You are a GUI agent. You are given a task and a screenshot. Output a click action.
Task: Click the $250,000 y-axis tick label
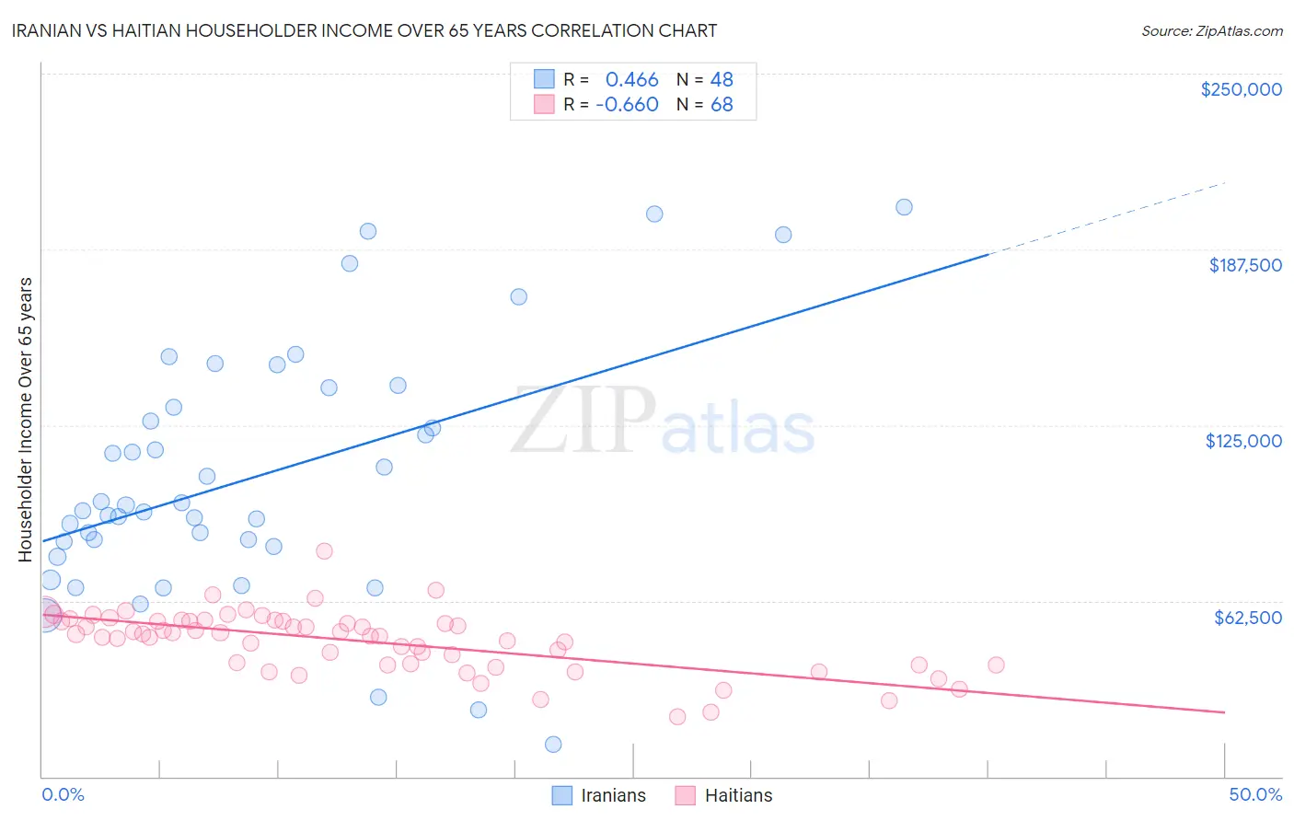point(1241,89)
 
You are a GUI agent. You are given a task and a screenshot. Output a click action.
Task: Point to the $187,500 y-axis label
point(1244,265)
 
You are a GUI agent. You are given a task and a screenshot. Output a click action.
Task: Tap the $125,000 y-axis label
point(1243,441)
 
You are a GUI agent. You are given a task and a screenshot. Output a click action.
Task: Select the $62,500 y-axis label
point(1247,618)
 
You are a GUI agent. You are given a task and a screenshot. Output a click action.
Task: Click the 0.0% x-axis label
point(63,794)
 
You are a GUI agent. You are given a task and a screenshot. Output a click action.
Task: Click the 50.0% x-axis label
point(1255,794)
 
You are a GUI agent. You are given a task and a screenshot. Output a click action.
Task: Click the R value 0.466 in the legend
point(631,80)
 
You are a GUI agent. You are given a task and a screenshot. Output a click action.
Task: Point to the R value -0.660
point(627,105)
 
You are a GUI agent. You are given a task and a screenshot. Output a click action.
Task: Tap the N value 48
point(722,80)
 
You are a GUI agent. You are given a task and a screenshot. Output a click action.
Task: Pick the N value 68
point(722,105)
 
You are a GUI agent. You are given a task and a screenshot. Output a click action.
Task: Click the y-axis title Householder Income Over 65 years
point(26,419)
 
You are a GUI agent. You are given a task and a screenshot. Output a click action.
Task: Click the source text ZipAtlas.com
point(1211,30)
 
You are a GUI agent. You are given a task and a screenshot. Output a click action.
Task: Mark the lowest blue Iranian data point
point(553,745)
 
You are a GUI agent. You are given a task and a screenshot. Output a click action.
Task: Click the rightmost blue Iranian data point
point(904,207)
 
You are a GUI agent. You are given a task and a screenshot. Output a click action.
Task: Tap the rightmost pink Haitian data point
point(996,665)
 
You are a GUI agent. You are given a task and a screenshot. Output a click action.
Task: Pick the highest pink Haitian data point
point(324,551)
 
